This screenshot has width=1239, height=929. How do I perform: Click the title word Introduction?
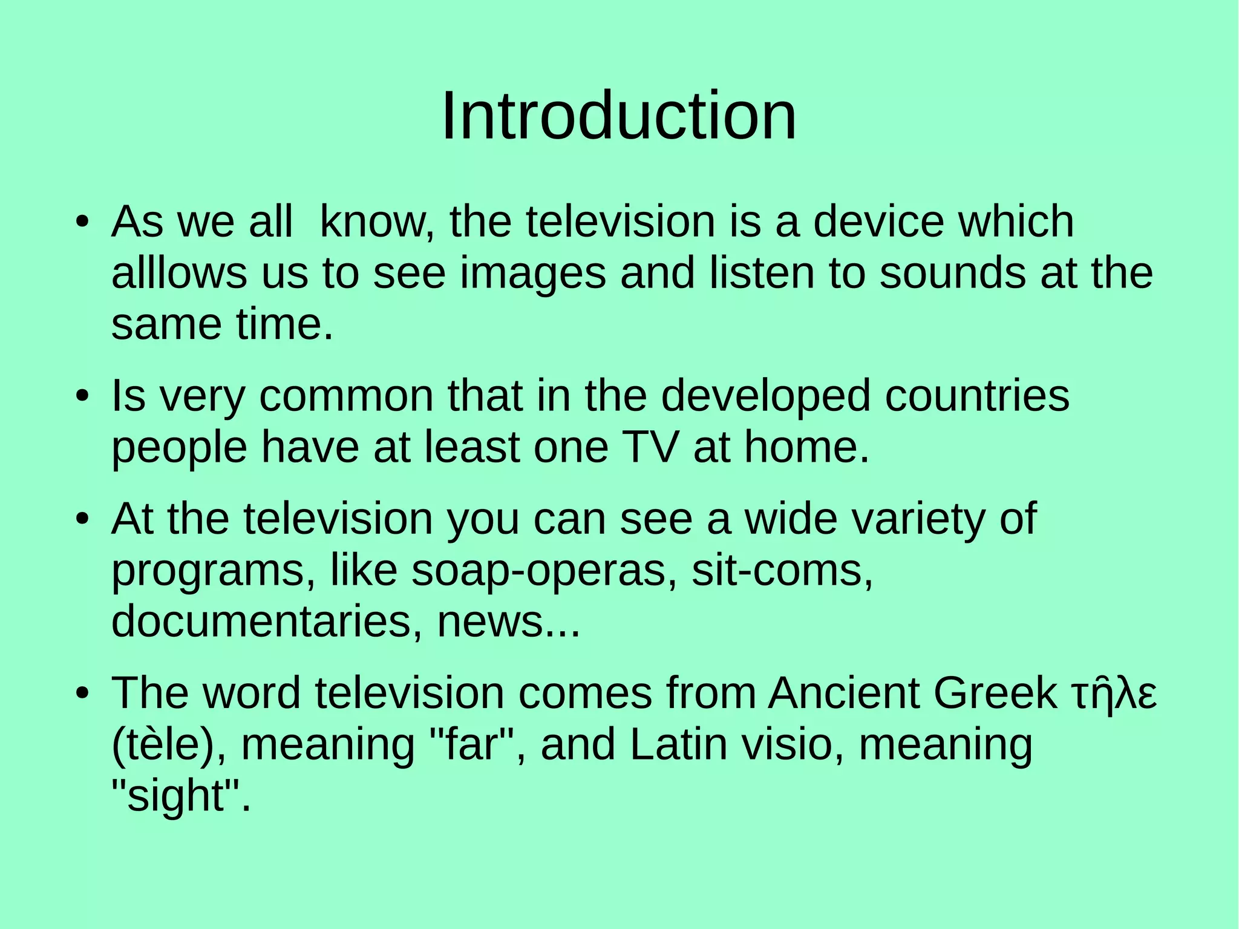[619, 116]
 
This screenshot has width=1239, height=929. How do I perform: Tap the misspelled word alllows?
[179, 273]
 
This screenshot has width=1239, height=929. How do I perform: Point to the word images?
[533, 274]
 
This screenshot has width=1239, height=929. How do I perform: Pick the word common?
[347, 396]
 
